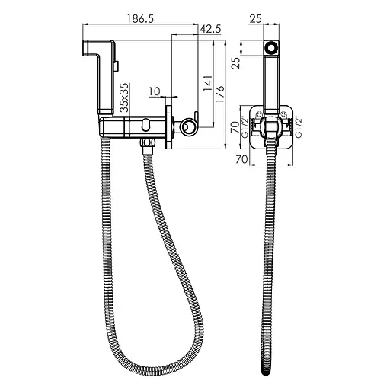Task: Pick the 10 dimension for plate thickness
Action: tap(155, 92)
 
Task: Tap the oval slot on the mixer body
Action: tap(144, 123)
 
